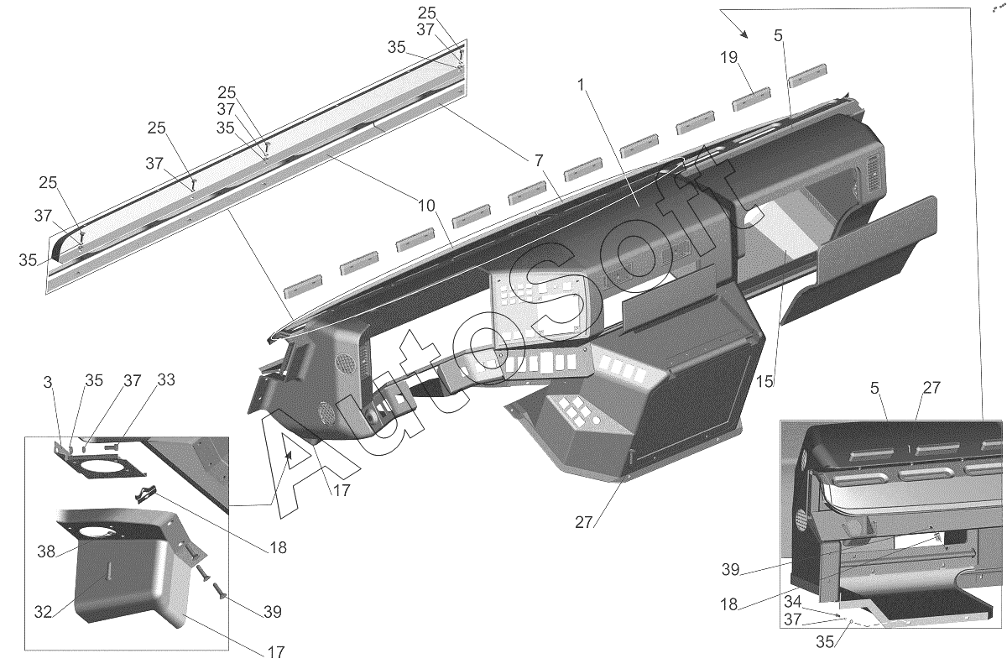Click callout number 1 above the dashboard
click(x=582, y=85)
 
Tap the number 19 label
click(x=729, y=58)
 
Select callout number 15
click(x=764, y=381)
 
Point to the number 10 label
click(x=426, y=206)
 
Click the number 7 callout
click(x=539, y=160)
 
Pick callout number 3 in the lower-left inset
click(x=48, y=382)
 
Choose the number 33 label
click(x=166, y=380)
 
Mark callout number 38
click(x=46, y=551)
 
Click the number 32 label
click(x=43, y=612)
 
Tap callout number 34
click(x=793, y=602)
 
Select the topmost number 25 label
click(x=426, y=13)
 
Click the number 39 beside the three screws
click(x=273, y=612)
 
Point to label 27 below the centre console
click(x=583, y=522)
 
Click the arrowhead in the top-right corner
click(x=744, y=34)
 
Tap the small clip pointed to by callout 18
click(x=146, y=494)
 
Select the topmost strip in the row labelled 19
click(x=808, y=75)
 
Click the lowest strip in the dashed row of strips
click(x=304, y=286)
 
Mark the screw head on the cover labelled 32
click(x=108, y=576)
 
